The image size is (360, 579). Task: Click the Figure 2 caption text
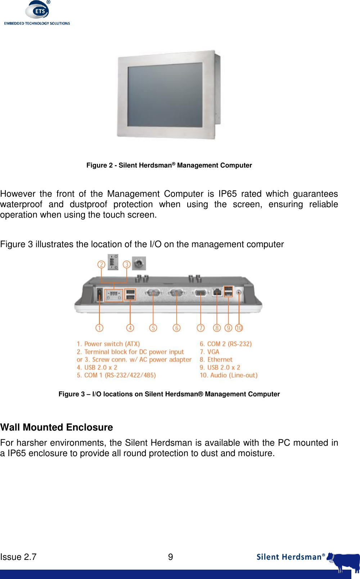click(169, 165)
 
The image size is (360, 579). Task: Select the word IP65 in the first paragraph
click(228, 194)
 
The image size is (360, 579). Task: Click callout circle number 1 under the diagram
click(99, 328)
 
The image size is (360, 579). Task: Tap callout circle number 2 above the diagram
click(102, 264)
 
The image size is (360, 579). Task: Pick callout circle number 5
click(153, 328)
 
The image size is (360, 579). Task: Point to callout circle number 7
click(201, 328)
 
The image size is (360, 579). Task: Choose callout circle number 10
click(239, 328)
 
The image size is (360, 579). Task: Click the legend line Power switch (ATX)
click(108, 344)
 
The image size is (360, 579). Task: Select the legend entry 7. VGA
click(210, 352)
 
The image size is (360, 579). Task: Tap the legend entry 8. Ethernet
click(216, 360)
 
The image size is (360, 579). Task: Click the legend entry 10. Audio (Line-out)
click(229, 375)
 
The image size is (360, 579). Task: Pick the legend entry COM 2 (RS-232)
click(226, 344)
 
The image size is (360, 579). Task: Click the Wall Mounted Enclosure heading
click(57, 427)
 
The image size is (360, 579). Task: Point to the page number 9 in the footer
click(171, 557)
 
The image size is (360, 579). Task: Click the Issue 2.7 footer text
click(18, 557)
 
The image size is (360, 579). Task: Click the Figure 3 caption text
click(169, 394)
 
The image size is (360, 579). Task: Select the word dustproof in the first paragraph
click(89, 204)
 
